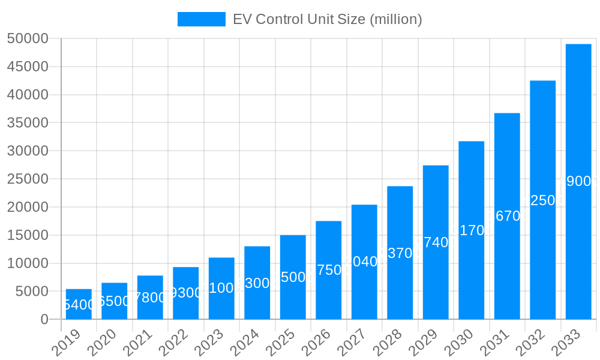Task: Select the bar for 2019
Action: (x=79, y=304)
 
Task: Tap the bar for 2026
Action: (x=328, y=270)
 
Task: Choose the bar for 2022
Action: (x=185, y=293)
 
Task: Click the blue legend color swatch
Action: (x=201, y=19)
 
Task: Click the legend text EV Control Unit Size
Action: (x=327, y=19)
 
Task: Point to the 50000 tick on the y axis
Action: (x=28, y=39)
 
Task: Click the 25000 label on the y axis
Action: (x=28, y=179)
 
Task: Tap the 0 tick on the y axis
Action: (x=44, y=320)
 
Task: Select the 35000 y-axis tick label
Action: (x=28, y=123)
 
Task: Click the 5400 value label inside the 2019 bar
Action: (x=79, y=305)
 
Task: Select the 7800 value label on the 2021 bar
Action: (x=150, y=298)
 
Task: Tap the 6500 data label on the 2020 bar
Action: (x=114, y=301)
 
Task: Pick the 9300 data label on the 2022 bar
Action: (x=185, y=293)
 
